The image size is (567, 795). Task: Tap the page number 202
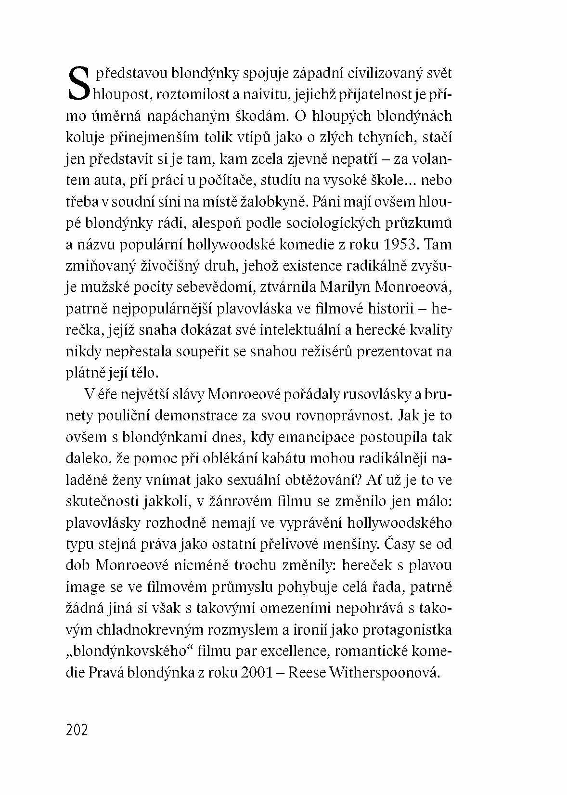click(77, 730)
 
